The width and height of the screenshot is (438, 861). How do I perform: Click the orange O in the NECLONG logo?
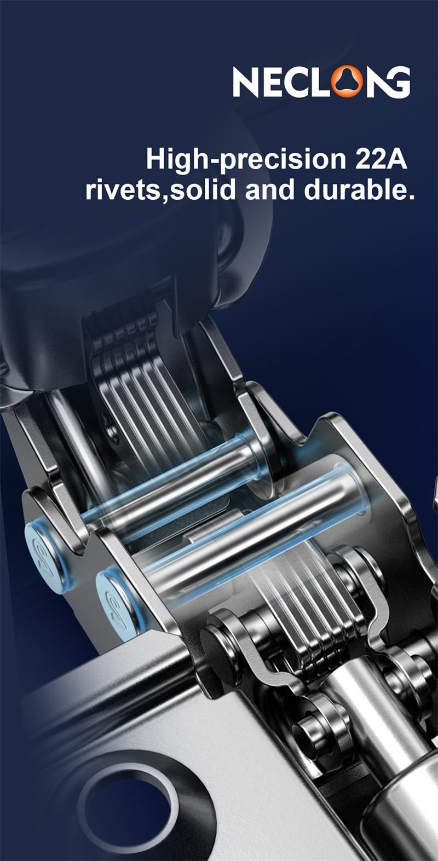click(x=347, y=82)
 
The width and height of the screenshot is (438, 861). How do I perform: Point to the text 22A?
click(x=381, y=159)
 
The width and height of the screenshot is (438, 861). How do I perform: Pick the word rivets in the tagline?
click(x=123, y=190)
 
